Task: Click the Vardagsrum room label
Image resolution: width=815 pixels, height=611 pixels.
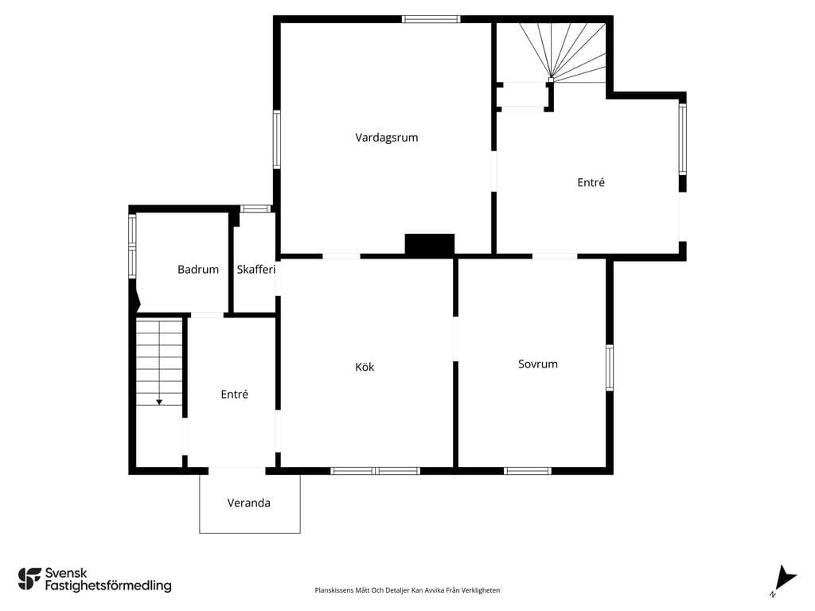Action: click(386, 138)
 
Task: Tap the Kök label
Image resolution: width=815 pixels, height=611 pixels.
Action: click(365, 367)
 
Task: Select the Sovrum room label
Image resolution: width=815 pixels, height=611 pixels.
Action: click(538, 364)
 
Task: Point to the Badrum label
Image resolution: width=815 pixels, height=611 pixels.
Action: click(198, 269)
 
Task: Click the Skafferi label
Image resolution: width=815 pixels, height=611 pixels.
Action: click(255, 269)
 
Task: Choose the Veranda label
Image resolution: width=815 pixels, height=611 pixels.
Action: click(248, 503)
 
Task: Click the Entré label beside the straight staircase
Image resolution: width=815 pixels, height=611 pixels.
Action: click(235, 395)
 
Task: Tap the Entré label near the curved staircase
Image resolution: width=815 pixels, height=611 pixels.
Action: click(591, 182)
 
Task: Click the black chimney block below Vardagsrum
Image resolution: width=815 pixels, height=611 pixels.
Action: click(430, 245)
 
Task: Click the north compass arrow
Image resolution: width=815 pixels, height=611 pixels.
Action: click(784, 578)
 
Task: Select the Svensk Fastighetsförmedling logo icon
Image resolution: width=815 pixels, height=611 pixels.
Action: click(29, 579)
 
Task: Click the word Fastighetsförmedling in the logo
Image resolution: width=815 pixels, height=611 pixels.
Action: click(108, 586)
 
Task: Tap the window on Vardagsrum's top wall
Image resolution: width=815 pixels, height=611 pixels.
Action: click(431, 20)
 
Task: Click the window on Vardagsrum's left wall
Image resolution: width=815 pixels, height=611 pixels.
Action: click(277, 139)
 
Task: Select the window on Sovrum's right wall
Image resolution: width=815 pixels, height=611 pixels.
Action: click(610, 368)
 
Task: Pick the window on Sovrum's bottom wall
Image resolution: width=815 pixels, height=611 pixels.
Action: click(528, 471)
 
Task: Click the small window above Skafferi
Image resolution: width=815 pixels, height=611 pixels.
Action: click(255, 209)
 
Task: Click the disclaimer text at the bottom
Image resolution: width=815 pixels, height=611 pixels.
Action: click(407, 590)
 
